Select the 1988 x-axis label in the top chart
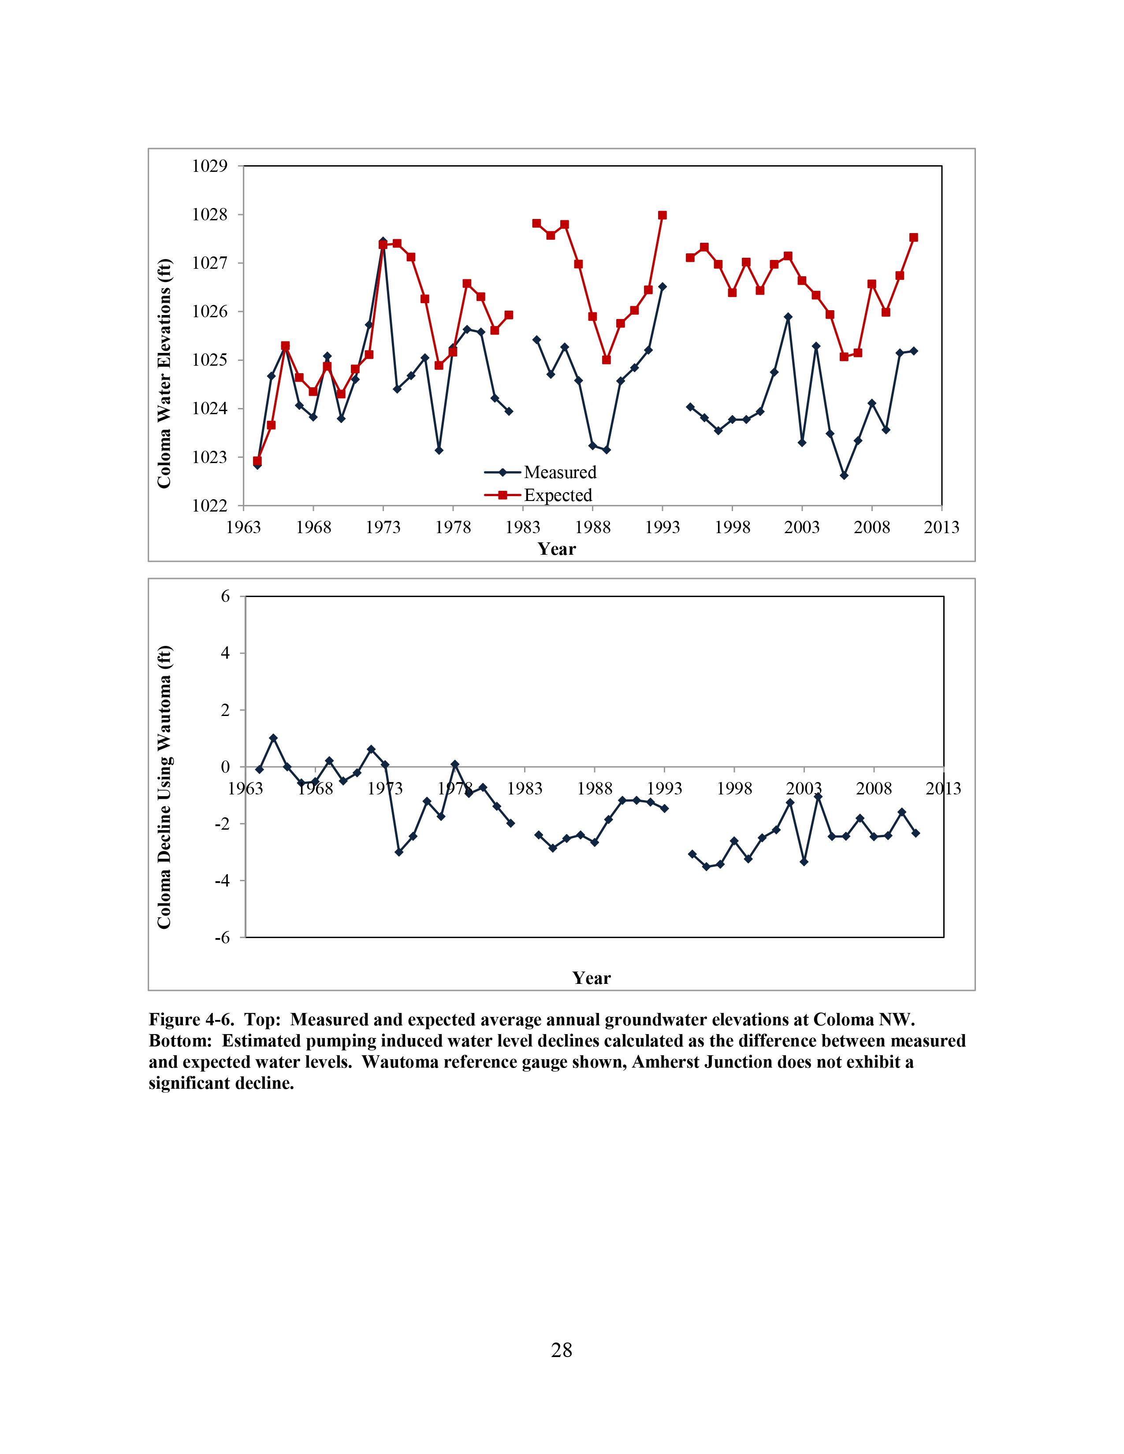coord(592,528)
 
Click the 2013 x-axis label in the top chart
coord(942,528)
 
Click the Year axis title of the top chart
coord(557,549)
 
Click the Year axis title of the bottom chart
coord(591,978)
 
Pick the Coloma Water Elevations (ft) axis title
coord(164,373)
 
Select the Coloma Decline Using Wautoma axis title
coord(164,787)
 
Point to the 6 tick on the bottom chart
coord(225,597)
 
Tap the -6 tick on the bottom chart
coord(222,937)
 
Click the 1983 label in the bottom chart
coord(525,789)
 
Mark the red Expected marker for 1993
coord(662,215)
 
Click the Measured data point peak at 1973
coord(383,241)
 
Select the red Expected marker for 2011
coord(914,237)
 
